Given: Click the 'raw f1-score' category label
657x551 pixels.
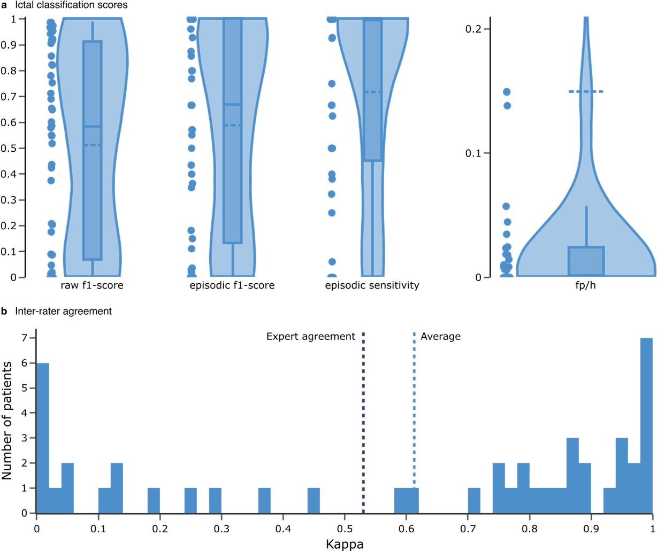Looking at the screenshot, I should [x=92, y=285].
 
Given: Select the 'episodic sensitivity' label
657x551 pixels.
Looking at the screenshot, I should [x=372, y=285].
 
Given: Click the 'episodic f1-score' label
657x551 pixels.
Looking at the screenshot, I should [x=232, y=285].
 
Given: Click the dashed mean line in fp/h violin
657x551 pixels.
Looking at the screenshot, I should [x=586, y=92].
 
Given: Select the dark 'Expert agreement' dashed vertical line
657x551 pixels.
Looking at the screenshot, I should [x=363, y=422].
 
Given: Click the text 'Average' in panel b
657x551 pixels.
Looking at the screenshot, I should [x=440, y=336].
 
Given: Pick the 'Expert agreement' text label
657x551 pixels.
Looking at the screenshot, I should [x=311, y=336].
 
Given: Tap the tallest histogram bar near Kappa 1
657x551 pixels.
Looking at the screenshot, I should [x=646, y=428].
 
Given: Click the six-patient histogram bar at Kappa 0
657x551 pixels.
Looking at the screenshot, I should [x=42, y=438].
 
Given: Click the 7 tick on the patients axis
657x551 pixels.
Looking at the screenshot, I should [x=24, y=338].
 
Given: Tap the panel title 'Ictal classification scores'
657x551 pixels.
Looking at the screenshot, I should [x=71, y=5].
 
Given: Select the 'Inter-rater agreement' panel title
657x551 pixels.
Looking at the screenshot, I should [x=64, y=311].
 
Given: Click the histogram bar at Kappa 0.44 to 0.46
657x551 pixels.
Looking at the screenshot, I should [x=314, y=501].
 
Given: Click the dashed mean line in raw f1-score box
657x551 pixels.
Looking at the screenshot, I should [x=93, y=145].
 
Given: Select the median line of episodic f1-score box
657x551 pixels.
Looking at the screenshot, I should [x=232, y=105].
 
